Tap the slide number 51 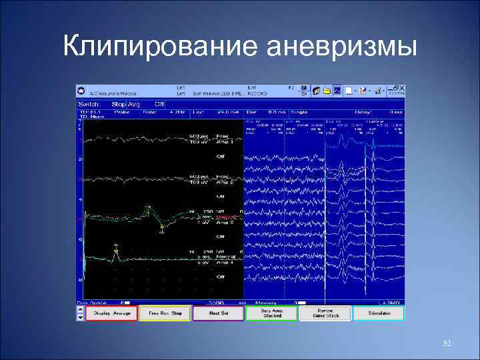(447, 343)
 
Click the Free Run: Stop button (165, 313)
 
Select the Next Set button (219, 313)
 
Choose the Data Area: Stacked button (271, 313)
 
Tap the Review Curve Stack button (325, 313)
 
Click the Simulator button (379, 313)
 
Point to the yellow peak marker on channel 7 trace (116, 247)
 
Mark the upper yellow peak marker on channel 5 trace (148, 209)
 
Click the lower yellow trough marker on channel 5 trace (162, 231)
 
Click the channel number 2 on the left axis (81, 160)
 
